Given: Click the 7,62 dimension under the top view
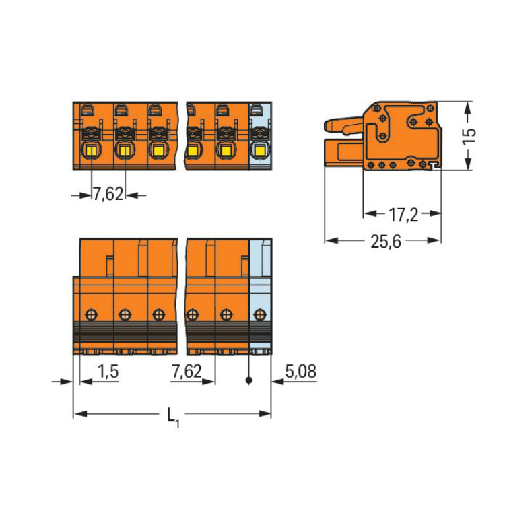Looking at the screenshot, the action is (108, 194).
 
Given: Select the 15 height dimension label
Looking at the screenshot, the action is (469, 136).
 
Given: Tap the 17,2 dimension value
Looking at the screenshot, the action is (403, 215).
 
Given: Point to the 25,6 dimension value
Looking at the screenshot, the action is (386, 242).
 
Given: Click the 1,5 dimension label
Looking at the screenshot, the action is (108, 372).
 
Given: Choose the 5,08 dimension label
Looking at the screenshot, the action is (301, 371).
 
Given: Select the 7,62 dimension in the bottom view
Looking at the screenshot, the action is (187, 371).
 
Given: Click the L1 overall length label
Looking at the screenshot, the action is (173, 417).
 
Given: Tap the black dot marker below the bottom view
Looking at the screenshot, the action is (248, 380).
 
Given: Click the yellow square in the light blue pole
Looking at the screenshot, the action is (259, 150).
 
